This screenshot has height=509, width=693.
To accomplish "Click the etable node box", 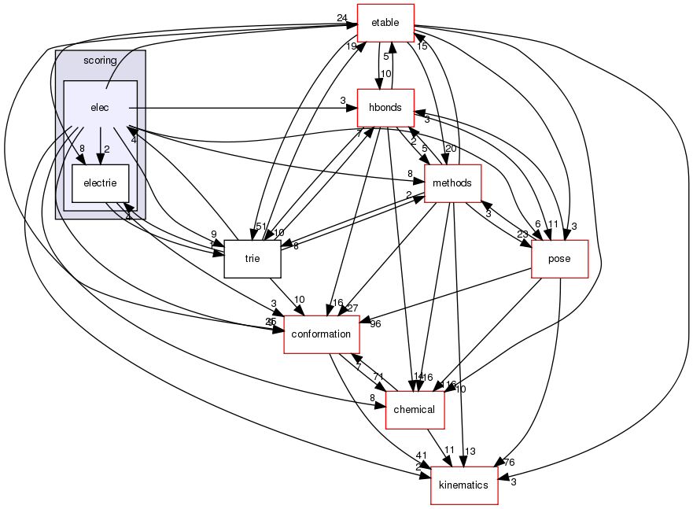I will (385, 23).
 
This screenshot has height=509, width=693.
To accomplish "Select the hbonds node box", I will (385, 108).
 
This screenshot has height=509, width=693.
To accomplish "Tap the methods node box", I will (452, 183).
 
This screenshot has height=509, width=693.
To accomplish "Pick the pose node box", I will (560, 259).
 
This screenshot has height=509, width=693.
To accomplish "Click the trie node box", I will (253, 259).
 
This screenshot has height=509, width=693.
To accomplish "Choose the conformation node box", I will (321, 334).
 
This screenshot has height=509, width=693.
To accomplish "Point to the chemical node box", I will (415, 410).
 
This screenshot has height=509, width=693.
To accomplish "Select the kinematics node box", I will (464, 485).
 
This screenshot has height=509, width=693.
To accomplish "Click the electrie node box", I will (100, 183).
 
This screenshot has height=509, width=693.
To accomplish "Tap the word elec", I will (99, 108).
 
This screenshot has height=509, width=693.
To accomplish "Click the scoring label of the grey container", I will (100, 61).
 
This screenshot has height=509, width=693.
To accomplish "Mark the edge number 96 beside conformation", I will (375, 323).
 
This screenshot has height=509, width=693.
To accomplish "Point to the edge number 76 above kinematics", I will (508, 462).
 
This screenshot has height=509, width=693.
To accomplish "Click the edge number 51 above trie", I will (259, 227).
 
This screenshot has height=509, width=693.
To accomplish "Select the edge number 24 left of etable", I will (341, 18).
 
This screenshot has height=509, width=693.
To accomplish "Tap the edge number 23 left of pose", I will (523, 233).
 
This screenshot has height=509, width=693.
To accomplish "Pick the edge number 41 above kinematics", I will (422, 456).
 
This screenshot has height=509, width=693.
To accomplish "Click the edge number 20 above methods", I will (450, 149).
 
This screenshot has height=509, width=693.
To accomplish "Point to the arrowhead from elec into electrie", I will (100, 160).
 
